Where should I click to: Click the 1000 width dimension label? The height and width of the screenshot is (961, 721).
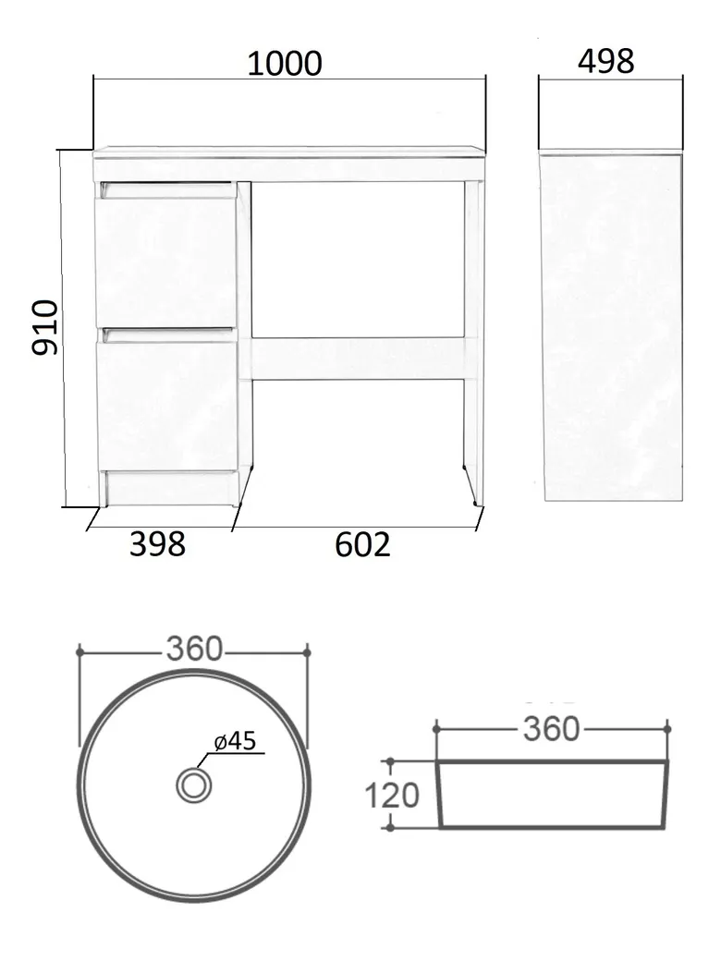click(285, 64)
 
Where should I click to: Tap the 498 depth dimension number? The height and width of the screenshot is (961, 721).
click(605, 61)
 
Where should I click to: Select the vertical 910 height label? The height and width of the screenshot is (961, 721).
click(45, 327)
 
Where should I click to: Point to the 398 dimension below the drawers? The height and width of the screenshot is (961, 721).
click(157, 543)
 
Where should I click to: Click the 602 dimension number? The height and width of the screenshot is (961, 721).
click(362, 543)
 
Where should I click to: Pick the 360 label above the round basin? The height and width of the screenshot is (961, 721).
click(194, 649)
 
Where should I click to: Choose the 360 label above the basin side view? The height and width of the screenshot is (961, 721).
click(551, 729)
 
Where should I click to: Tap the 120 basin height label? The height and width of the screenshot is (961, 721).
click(392, 796)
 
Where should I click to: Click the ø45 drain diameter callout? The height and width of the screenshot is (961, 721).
click(236, 741)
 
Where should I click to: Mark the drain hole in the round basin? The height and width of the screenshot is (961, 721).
click(194, 785)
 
